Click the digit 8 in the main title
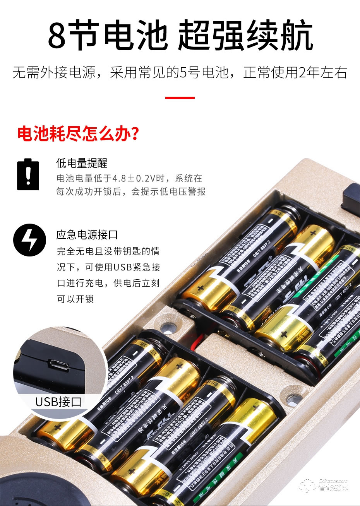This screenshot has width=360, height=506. (57, 36)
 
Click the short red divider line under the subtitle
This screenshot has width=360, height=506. (180, 98)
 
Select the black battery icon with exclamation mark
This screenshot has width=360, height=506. (28, 174)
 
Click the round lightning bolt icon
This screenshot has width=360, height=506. (29, 240)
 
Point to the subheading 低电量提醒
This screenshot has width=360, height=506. (82, 163)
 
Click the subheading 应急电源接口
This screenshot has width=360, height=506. (87, 235)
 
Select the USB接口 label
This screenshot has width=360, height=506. (58, 402)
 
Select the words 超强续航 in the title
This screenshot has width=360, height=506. (245, 36)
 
